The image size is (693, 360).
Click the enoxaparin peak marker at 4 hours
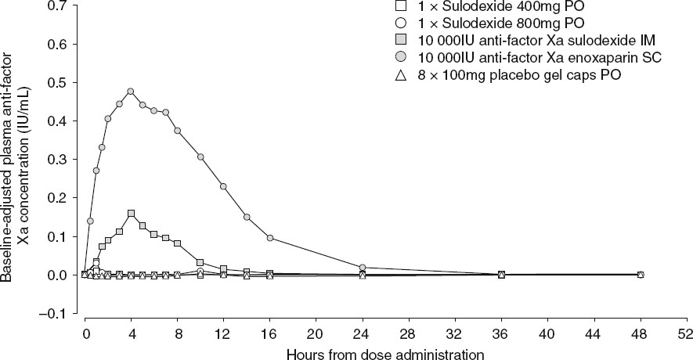pos(131,92)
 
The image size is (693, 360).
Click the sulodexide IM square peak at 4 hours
pos(131,213)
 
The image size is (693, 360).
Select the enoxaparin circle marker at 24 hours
pos(363,268)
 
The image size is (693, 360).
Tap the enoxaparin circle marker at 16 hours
pos(270,238)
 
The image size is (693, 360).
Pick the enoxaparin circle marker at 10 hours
pos(200,157)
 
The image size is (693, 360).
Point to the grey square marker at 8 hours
pos(178,244)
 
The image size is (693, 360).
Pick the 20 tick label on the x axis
pos(316,332)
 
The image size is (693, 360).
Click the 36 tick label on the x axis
pos(501,332)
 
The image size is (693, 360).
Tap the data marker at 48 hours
pos(641,275)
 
